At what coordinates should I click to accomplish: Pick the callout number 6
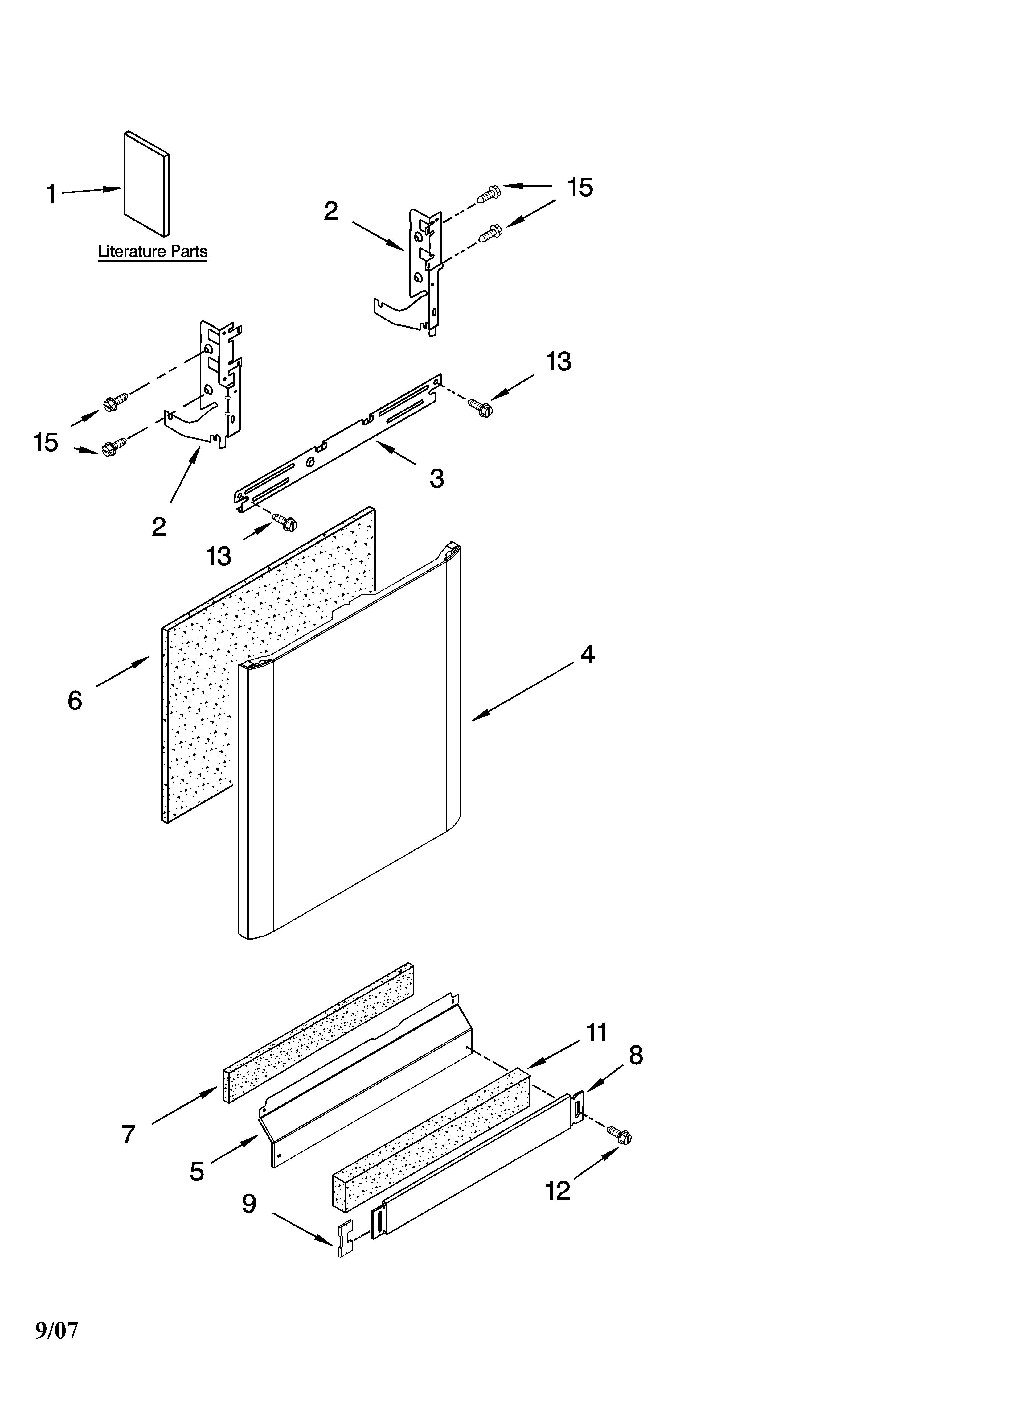click(75, 701)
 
